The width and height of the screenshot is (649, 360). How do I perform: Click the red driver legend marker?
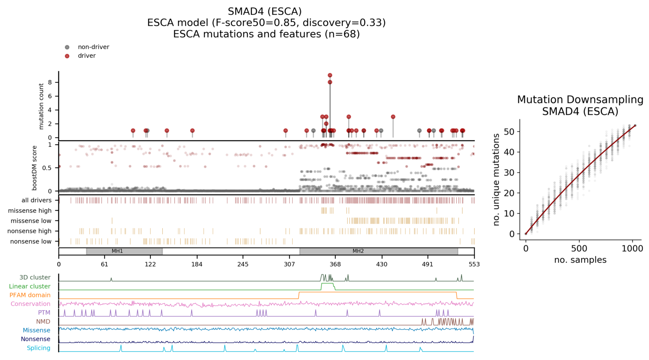point(67,56)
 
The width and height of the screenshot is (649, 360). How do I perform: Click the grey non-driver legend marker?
point(67,47)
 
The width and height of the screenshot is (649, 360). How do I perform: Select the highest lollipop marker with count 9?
point(330,75)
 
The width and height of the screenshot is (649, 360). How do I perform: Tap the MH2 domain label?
point(358,251)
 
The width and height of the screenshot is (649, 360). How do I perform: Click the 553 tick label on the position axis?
point(474,265)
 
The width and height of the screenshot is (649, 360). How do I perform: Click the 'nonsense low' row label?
point(31,241)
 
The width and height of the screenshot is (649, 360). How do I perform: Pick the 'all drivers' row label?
point(37,200)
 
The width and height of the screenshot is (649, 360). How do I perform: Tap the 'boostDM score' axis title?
point(35,168)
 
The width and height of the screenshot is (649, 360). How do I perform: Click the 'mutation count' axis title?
point(41,106)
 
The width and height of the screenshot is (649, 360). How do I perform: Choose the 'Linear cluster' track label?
point(30,286)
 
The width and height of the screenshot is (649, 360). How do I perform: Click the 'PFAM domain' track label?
point(30,295)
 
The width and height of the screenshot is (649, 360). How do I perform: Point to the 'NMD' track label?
point(43,321)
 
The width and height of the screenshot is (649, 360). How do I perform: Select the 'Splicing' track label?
point(39,348)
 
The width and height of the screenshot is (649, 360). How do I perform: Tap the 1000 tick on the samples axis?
point(632,249)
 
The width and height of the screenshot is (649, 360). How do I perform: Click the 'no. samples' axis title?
point(580,260)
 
